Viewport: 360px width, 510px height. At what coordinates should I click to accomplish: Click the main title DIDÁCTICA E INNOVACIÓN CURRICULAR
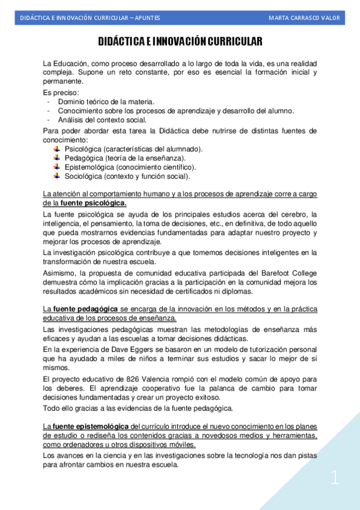180,41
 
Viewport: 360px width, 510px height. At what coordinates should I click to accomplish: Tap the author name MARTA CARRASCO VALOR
304,18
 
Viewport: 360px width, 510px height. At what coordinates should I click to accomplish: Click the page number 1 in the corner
335,479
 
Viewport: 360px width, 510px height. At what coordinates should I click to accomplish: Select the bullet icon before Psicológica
57,149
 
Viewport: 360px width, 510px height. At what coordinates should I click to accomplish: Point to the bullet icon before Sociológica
57,176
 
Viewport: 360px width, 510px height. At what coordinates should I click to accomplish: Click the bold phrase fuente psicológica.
93,203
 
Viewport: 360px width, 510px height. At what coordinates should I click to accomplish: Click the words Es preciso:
61,93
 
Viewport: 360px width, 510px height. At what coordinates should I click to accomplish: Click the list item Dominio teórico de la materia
106,102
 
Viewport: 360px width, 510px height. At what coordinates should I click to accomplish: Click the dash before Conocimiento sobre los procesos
47,111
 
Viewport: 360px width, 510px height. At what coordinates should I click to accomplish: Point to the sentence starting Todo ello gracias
138,408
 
